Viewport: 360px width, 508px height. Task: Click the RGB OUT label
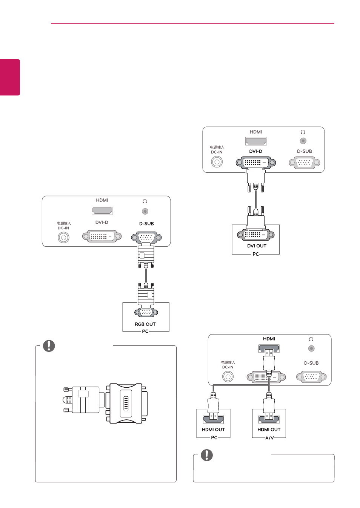tap(145, 324)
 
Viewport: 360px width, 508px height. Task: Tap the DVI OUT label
tap(257, 246)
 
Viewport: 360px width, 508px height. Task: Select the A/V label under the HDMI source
tap(269, 438)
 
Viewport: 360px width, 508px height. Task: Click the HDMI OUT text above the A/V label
tap(269, 430)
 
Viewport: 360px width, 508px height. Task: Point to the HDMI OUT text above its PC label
tap(213, 430)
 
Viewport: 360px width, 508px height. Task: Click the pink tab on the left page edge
tap(10, 77)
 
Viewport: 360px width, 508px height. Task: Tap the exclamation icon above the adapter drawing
tap(49, 346)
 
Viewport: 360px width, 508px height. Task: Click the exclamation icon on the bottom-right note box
tap(207, 455)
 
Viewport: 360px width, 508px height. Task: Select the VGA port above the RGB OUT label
tap(146, 313)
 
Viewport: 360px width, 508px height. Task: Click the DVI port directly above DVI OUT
tap(255, 235)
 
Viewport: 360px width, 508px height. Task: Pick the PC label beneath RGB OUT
tap(145, 332)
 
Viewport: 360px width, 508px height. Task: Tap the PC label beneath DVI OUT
tap(255, 254)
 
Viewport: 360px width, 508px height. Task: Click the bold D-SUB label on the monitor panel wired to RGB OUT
tap(146, 224)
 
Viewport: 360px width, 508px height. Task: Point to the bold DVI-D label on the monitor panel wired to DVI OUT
tap(255, 151)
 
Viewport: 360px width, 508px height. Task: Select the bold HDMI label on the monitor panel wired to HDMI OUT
tap(269, 339)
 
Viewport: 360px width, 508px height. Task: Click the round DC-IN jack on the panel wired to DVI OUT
tap(217, 162)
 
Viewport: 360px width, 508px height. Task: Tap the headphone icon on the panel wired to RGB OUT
tap(145, 201)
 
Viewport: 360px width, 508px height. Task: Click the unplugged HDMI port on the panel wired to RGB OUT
tap(102, 211)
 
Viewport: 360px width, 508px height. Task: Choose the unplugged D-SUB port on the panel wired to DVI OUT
tap(305, 163)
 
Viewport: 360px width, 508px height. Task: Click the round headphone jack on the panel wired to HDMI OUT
tap(311, 348)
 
